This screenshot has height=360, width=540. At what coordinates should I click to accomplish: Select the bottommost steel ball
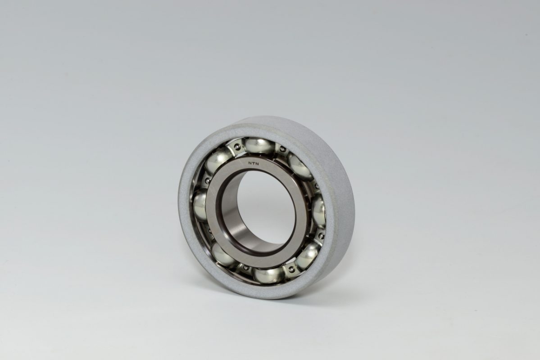(268, 276)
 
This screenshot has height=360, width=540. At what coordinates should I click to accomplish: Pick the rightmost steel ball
(318, 211)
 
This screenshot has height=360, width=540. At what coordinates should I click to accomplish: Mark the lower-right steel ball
(308, 256)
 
